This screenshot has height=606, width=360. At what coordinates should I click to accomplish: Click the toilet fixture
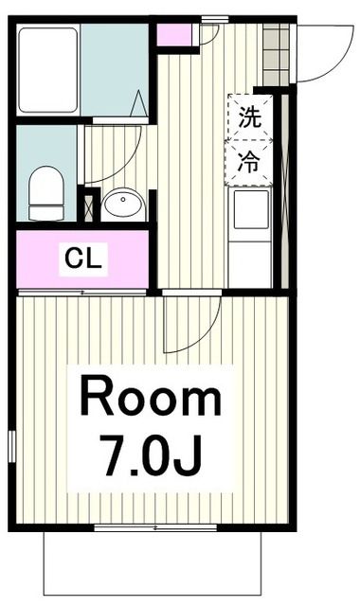(x=45, y=190)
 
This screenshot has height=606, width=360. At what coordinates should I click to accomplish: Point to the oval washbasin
(x=123, y=203)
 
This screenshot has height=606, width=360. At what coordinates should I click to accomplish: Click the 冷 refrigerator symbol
(x=248, y=161)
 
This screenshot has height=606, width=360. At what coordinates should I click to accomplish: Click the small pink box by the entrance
(x=173, y=36)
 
